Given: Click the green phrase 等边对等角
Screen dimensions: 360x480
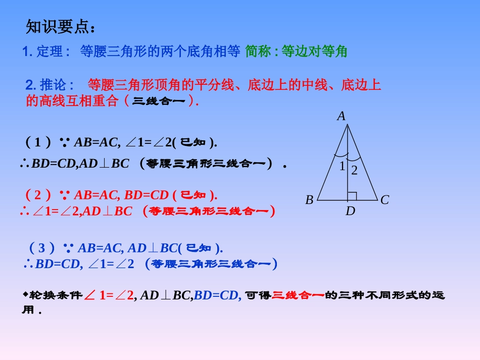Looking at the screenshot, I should coord(314,52).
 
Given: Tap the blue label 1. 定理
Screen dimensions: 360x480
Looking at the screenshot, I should coord(46,52).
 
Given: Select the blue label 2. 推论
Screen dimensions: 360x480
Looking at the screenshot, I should coord(50,85).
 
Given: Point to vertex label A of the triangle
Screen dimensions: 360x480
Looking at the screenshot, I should coord(342,116).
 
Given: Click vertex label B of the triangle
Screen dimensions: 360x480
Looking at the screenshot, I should coord(309,200).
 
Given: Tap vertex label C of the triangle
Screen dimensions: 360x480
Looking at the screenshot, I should coord(385,200).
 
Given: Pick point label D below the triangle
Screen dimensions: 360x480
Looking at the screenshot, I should coord(350,211).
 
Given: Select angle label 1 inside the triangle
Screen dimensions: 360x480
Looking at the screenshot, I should coord(342,166).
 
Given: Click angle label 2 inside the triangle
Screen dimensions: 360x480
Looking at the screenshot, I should coord(354,171).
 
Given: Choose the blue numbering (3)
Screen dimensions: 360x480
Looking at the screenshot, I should coord(42,248).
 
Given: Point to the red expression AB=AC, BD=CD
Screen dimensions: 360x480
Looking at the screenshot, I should coord(121,194).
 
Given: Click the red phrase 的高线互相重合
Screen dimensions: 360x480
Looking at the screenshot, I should coord(72,101).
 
